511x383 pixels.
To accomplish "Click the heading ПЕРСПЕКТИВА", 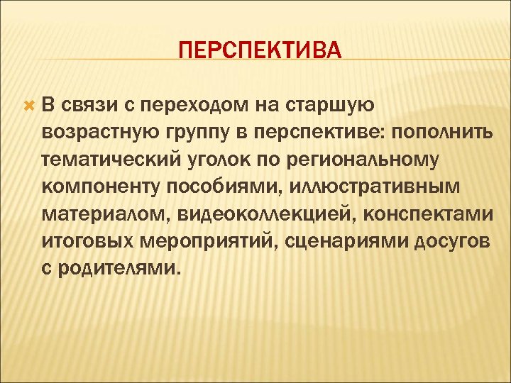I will point(260,51).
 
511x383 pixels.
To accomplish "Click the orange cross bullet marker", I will point(28,106).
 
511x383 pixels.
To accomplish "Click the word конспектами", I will point(422,215).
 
